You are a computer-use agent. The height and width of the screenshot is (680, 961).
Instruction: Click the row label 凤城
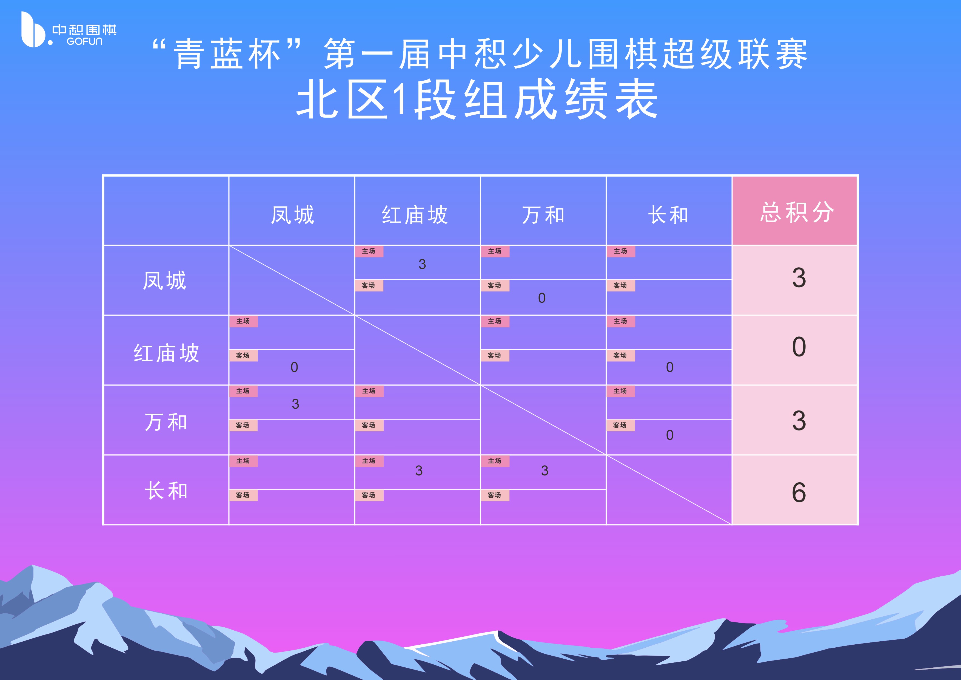point(164,280)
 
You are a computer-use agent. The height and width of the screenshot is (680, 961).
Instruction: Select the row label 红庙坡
point(166,353)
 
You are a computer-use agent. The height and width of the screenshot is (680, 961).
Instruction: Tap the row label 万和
point(166,422)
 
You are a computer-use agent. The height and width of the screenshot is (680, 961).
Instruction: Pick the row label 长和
point(166,491)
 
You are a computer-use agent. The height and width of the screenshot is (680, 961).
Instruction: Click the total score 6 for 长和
point(799,492)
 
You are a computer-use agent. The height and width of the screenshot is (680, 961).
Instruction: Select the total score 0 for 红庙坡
point(799,347)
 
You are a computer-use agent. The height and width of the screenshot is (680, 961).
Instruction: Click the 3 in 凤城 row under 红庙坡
point(422,264)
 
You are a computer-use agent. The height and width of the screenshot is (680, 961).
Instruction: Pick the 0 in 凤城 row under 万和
point(542,298)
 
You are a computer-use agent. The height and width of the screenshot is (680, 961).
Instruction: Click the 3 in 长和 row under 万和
point(544,471)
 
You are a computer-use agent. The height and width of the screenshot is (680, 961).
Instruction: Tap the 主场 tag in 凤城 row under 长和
point(620,251)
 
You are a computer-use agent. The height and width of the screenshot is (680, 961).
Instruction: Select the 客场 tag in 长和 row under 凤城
point(243,495)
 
